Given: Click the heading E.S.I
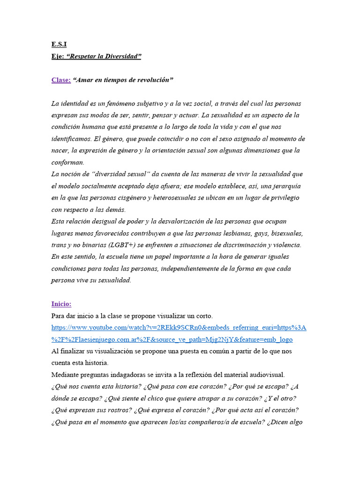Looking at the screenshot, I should click(59, 45).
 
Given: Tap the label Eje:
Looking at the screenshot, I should click(58, 57).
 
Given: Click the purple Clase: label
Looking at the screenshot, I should click(61, 80).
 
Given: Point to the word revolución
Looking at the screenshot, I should click(152, 80).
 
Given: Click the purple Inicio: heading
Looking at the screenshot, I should click(61, 304).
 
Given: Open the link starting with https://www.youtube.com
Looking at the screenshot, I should click(179, 328).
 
